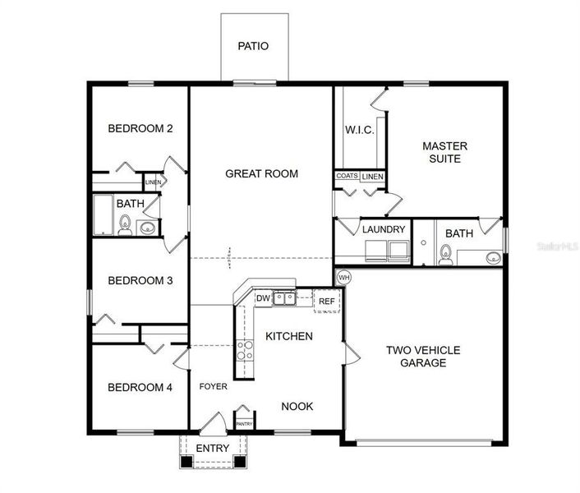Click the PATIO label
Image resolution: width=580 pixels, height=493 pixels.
tap(253, 47)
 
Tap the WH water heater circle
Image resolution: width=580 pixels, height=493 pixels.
tap(343, 276)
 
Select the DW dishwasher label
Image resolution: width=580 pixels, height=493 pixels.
tap(263, 298)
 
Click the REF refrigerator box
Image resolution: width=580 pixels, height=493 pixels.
tap(327, 302)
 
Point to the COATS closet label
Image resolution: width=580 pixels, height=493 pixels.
tap(346, 177)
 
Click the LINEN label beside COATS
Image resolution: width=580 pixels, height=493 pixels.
tap(372, 177)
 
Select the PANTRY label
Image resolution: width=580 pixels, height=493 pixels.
tap(244, 424)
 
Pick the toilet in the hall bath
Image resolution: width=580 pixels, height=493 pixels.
tap(125, 225)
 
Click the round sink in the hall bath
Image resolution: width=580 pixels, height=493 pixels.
tap(149, 228)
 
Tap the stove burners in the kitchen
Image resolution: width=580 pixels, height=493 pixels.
tap(245, 351)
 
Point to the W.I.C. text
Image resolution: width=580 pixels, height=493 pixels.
tap(359, 130)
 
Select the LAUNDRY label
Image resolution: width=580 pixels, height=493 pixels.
tap(384, 229)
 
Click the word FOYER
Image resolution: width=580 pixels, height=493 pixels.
tap(213, 386)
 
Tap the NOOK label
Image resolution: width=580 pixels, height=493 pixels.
tap(297, 406)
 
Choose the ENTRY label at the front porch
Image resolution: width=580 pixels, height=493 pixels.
tap(213, 448)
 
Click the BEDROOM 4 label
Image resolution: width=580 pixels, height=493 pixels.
tap(140, 387)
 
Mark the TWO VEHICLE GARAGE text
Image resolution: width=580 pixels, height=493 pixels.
tap(423, 356)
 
